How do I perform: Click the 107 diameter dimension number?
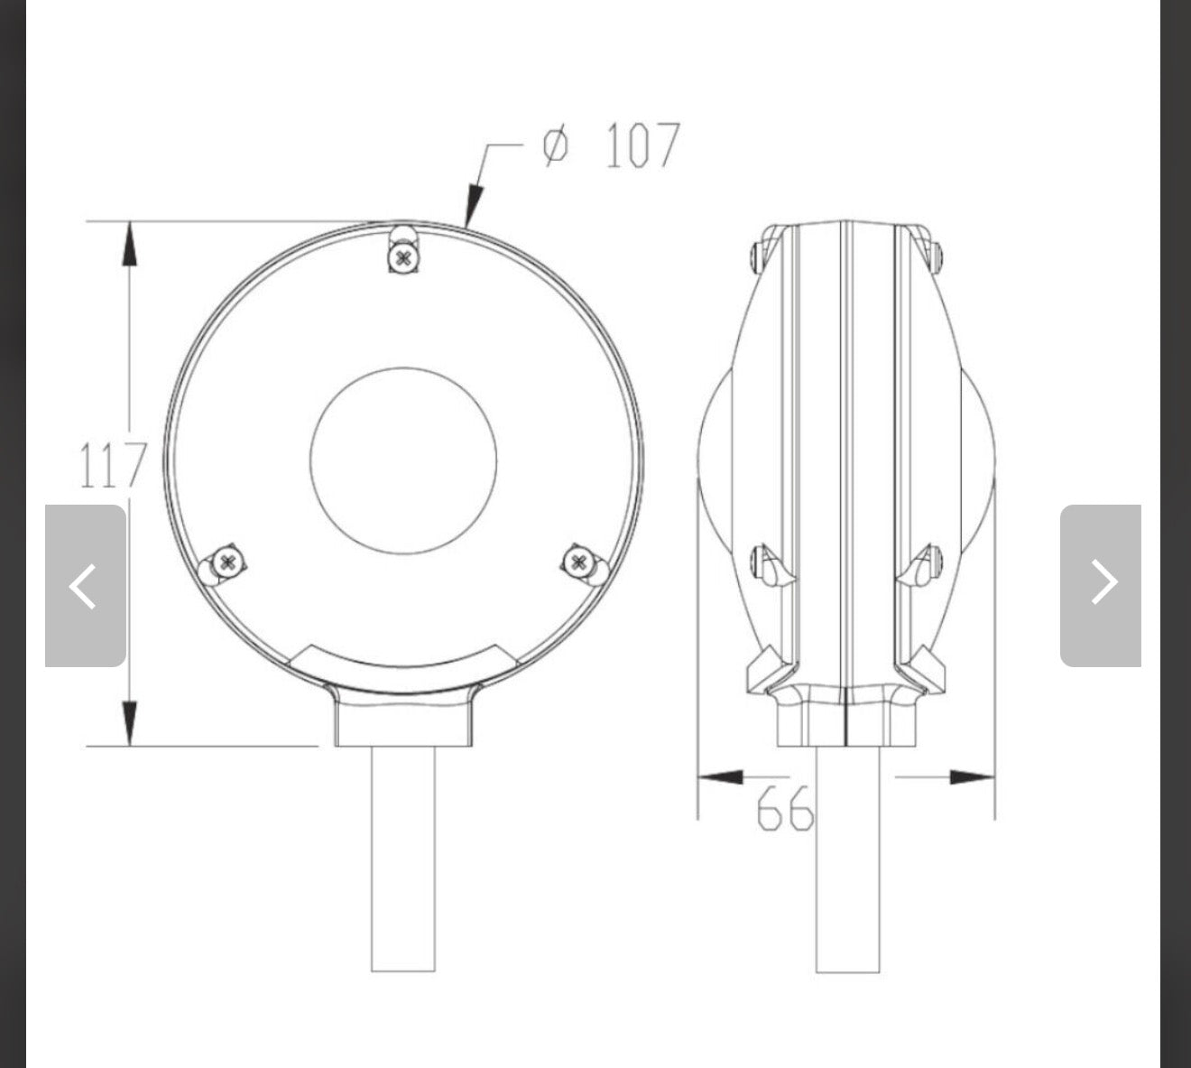[x=642, y=145]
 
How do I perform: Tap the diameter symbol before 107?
[x=556, y=145]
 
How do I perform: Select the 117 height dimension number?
[x=113, y=465]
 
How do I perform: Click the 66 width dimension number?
[x=785, y=809]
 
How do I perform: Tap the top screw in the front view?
[x=404, y=257]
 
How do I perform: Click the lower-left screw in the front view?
[x=227, y=562]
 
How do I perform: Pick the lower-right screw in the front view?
[x=578, y=562]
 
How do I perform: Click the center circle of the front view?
[x=403, y=461]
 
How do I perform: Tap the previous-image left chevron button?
[x=85, y=586]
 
